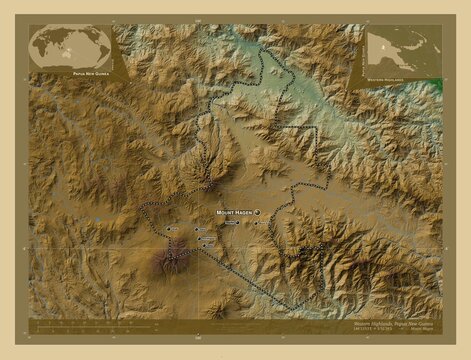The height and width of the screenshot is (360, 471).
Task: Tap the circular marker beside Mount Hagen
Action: click(x=256, y=213)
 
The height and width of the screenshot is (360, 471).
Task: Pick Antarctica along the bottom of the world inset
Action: click(x=70, y=66)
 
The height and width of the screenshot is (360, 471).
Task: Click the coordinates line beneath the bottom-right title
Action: click(x=390, y=330)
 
